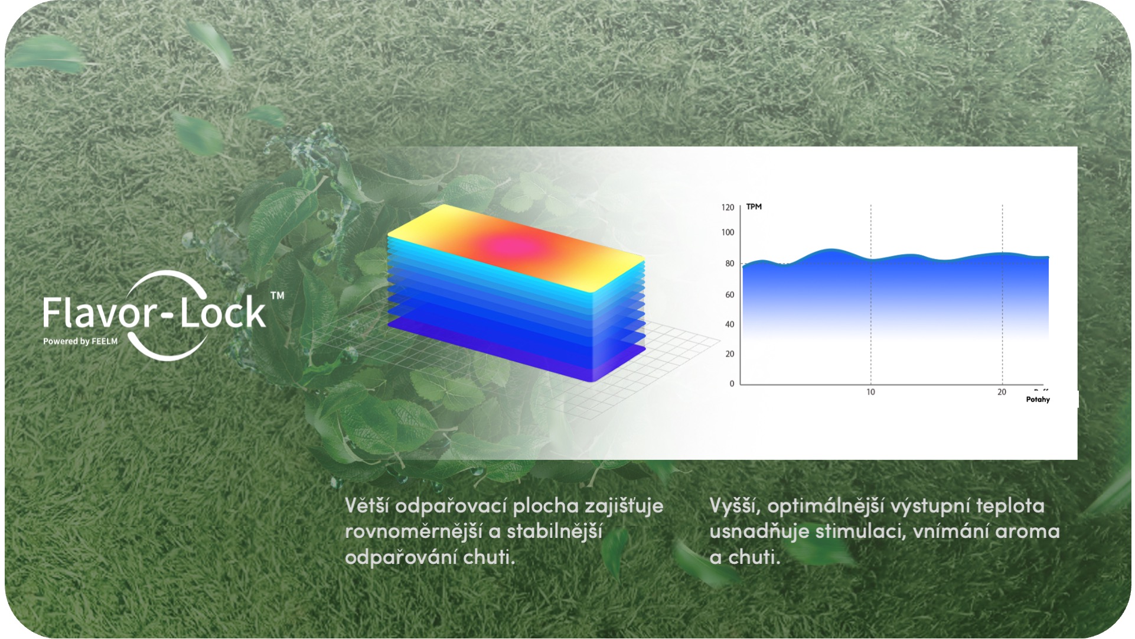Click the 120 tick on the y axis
728,207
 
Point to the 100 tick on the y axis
728,232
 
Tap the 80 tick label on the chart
730,264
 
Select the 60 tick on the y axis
730,295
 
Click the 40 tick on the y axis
730,325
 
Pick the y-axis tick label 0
732,384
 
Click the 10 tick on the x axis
870,392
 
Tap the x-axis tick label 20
1002,392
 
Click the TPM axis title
754,207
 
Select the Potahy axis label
1038,400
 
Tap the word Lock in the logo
222,312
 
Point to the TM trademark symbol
277,295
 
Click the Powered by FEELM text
80,341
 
